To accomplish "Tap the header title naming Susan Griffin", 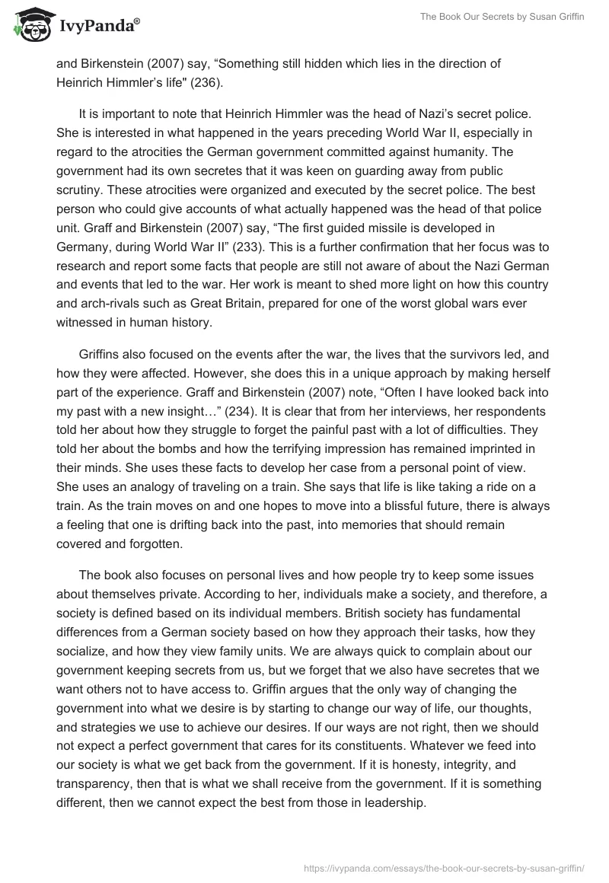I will click(x=496, y=19).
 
